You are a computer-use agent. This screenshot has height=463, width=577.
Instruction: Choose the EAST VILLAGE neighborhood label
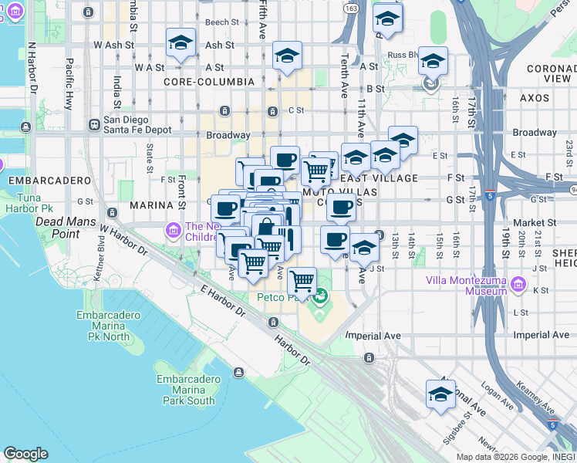(x=383, y=178)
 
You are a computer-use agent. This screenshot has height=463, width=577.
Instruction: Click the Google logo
(x=25, y=454)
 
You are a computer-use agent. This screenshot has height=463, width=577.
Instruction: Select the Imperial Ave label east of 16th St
(x=541, y=335)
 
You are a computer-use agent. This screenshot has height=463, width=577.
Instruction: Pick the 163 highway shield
(x=351, y=8)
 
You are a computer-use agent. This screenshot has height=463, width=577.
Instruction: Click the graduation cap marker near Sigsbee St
(x=440, y=394)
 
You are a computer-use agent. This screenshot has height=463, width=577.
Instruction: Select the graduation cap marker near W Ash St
(x=181, y=44)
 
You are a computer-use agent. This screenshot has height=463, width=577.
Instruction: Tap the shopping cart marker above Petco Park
(x=302, y=281)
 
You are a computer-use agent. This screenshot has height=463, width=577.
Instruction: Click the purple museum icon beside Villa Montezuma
(x=518, y=286)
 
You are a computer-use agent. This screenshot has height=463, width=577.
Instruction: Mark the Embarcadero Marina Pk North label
(x=109, y=326)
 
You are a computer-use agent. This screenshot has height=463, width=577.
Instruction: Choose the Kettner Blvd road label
(x=101, y=243)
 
